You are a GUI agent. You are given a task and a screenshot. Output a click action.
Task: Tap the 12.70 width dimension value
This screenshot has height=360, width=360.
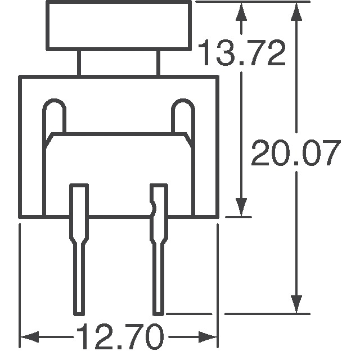(119, 337)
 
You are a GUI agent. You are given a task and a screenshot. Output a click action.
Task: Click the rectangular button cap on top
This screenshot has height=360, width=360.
(119, 26)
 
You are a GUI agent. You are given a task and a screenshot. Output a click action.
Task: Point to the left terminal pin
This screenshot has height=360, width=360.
(78, 247)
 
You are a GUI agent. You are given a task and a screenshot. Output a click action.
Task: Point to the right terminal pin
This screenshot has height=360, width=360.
(158, 247)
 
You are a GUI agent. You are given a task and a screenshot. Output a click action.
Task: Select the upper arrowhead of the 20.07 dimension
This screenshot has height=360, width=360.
(296, 10)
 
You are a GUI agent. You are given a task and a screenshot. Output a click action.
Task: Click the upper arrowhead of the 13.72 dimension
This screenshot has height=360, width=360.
(242, 10)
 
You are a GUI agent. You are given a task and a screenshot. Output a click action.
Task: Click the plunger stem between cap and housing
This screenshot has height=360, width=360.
(119, 63)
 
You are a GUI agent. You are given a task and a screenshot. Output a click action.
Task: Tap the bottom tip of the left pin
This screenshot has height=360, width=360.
(78, 312)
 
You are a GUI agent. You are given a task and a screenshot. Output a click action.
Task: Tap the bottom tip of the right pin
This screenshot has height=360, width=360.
(158, 312)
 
